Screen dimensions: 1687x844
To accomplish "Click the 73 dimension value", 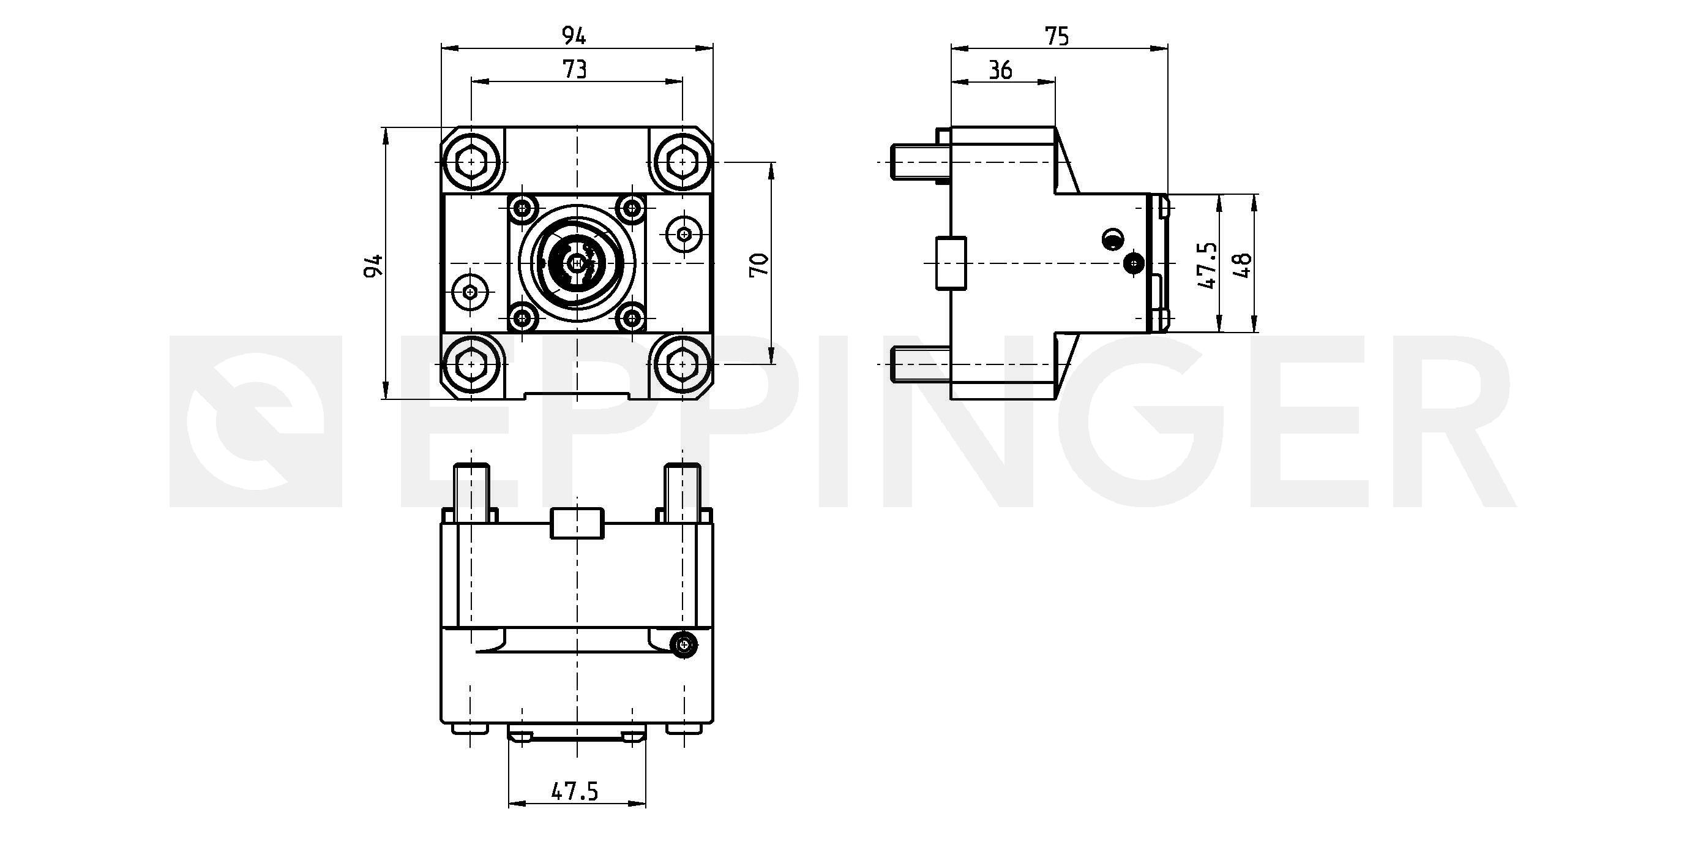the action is pyautogui.click(x=575, y=69).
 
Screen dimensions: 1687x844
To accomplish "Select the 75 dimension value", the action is pyautogui.click(x=1057, y=36).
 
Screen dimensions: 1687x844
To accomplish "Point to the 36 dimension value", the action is pyautogui.click(x=1000, y=69).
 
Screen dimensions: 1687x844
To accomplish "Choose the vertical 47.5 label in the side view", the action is pyautogui.click(x=1206, y=265).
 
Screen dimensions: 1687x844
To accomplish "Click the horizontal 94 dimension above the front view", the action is pyautogui.click(x=574, y=36).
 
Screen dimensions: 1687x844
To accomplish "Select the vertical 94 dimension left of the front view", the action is pyautogui.click(x=373, y=265).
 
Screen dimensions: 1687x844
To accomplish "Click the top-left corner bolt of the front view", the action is pyautogui.click(x=471, y=161).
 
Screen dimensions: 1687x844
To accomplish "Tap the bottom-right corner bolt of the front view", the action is pyautogui.click(x=683, y=364).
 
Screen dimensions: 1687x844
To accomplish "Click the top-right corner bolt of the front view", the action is pyautogui.click(x=683, y=161).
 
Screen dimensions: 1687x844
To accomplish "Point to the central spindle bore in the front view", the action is pyautogui.click(x=576, y=263).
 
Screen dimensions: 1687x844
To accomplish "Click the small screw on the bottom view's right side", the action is pyautogui.click(x=684, y=645).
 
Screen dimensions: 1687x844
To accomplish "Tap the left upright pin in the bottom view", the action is pyautogui.click(x=471, y=492).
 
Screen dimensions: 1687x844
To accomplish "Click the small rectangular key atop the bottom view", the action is pyautogui.click(x=576, y=523).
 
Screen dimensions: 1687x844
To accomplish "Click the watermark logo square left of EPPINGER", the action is pyautogui.click(x=256, y=421).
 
